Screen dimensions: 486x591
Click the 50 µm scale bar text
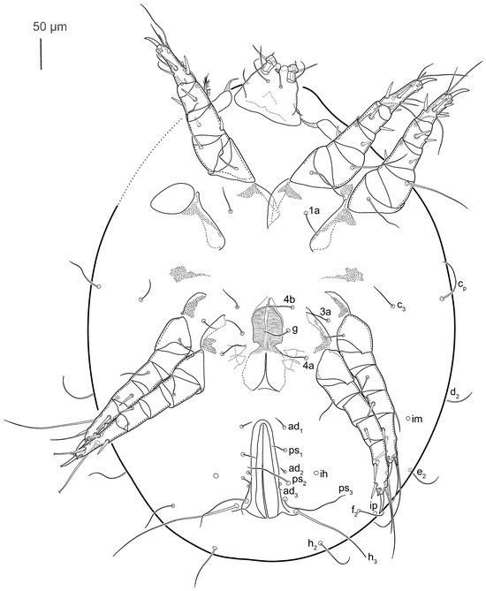coord(49,27)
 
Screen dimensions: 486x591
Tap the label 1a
coord(314,211)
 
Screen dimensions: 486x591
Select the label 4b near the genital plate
coord(289,300)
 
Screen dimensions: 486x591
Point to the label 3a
coord(325,312)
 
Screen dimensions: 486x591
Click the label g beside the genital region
coord(295,329)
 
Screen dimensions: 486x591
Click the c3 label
coord(401,305)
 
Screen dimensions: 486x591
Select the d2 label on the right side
coord(454,393)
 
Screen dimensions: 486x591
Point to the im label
coord(417,419)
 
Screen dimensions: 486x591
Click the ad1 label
coord(295,427)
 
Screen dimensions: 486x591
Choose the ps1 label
coord(295,450)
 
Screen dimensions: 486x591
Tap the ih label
coord(323,473)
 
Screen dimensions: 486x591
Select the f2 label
coord(353,511)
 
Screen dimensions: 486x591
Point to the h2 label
coord(312,543)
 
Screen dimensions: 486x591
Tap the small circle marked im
coord(407,418)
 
